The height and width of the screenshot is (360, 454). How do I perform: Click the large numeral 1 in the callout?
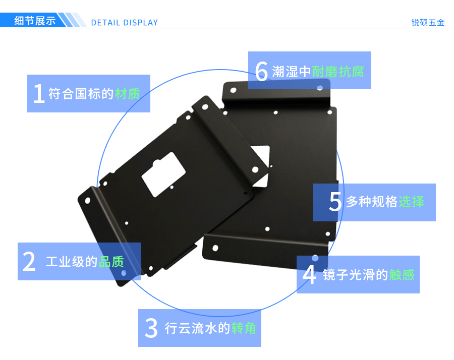pyautogui.click(x=39, y=93)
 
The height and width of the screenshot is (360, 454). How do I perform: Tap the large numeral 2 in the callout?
pyautogui.click(x=29, y=261)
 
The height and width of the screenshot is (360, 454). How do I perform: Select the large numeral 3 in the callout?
pyautogui.click(x=151, y=328)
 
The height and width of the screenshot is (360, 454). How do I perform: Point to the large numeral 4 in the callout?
pyautogui.click(x=309, y=274)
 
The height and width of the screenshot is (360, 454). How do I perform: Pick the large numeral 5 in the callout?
pyautogui.click(x=335, y=201)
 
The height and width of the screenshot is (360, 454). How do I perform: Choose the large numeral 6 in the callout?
pyautogui.click(x=261, y=71)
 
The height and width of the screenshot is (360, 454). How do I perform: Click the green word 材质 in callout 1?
pyautogui.click(x=128, y=94)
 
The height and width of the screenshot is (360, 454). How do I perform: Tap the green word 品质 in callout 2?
pyautogui.click(x=111, y=262)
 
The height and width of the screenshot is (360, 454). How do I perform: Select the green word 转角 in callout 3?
pyautogui.click(x=244, y=328)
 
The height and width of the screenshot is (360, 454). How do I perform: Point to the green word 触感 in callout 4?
pyautogui.click(x=402, y=275)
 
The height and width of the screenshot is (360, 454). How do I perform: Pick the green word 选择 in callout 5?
pyautogui.click(x=411, y=201)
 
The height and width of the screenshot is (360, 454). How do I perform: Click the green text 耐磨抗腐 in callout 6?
pyautogui.click(x=338, y=72)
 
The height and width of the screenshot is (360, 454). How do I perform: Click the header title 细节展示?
pyautogui.click(x=35, y=21)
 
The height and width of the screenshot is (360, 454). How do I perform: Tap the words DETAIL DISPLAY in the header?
pyautogui.click(x=125, y=23)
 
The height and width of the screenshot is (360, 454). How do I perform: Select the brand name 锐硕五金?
pyautogui.click(x=428, y=23)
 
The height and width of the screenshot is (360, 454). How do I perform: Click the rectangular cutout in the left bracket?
pyautogui.click(x=163, y=174)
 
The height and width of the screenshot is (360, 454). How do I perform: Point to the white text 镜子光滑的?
pyautogui.click(x=356, y=275)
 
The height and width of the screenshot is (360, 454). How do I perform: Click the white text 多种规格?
pyautogui.click(x=372, y=201)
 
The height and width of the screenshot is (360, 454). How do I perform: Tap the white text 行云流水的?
pyautogui.click(x=197, y=328)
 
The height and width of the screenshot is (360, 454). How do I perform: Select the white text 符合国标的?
pyautogui.click(x=81, y=94)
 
